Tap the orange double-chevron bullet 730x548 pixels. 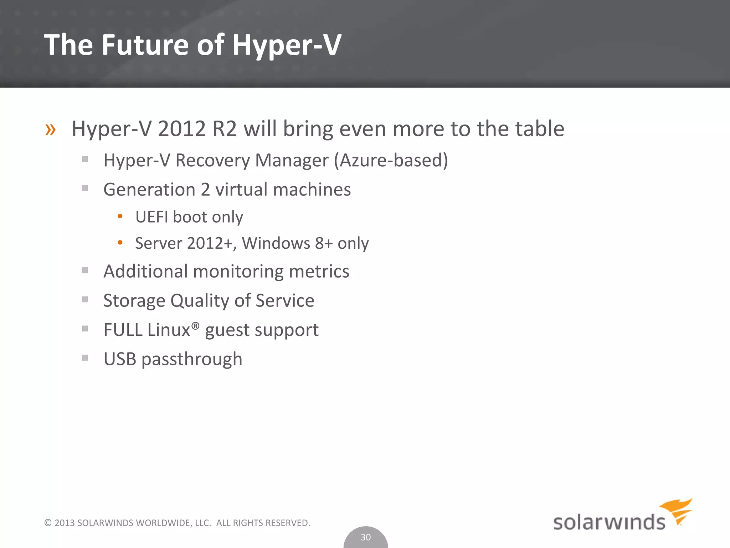click(50, 130)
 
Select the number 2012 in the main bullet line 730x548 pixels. click(182, 129)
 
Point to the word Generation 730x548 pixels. click(149, 189)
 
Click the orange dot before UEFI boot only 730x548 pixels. click(120, 216)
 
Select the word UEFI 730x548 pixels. click(151, 217)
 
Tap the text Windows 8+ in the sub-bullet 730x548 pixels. click(287, 243)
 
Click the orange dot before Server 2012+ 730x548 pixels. click(120, 243)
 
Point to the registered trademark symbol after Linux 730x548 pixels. click(195, 325)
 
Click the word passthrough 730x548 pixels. click(192, 359)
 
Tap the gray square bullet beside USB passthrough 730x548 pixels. click(85, 358)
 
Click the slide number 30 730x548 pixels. click(366, 537)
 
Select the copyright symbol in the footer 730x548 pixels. click(48, 523)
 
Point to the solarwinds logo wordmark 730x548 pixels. click(609, 523)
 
